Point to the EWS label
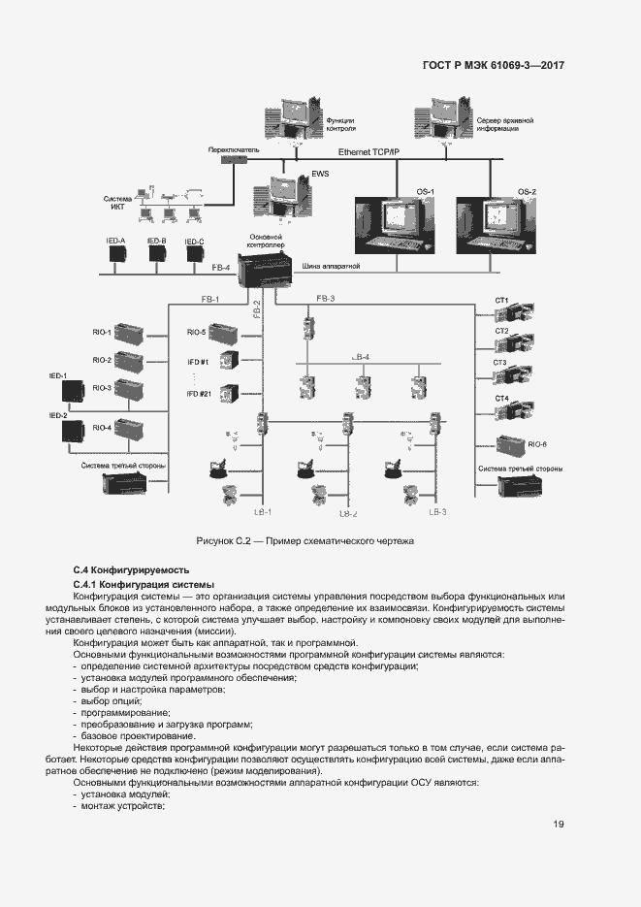(293, 175)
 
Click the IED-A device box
(117, 254)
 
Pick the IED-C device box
(194, 254)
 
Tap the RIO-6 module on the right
(511, 447)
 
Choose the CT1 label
(501, 301)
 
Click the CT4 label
(501, 399)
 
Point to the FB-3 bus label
(325, 298)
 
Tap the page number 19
(559, 825)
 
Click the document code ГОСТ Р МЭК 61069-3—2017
(494, 66)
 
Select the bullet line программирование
(112, 712)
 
